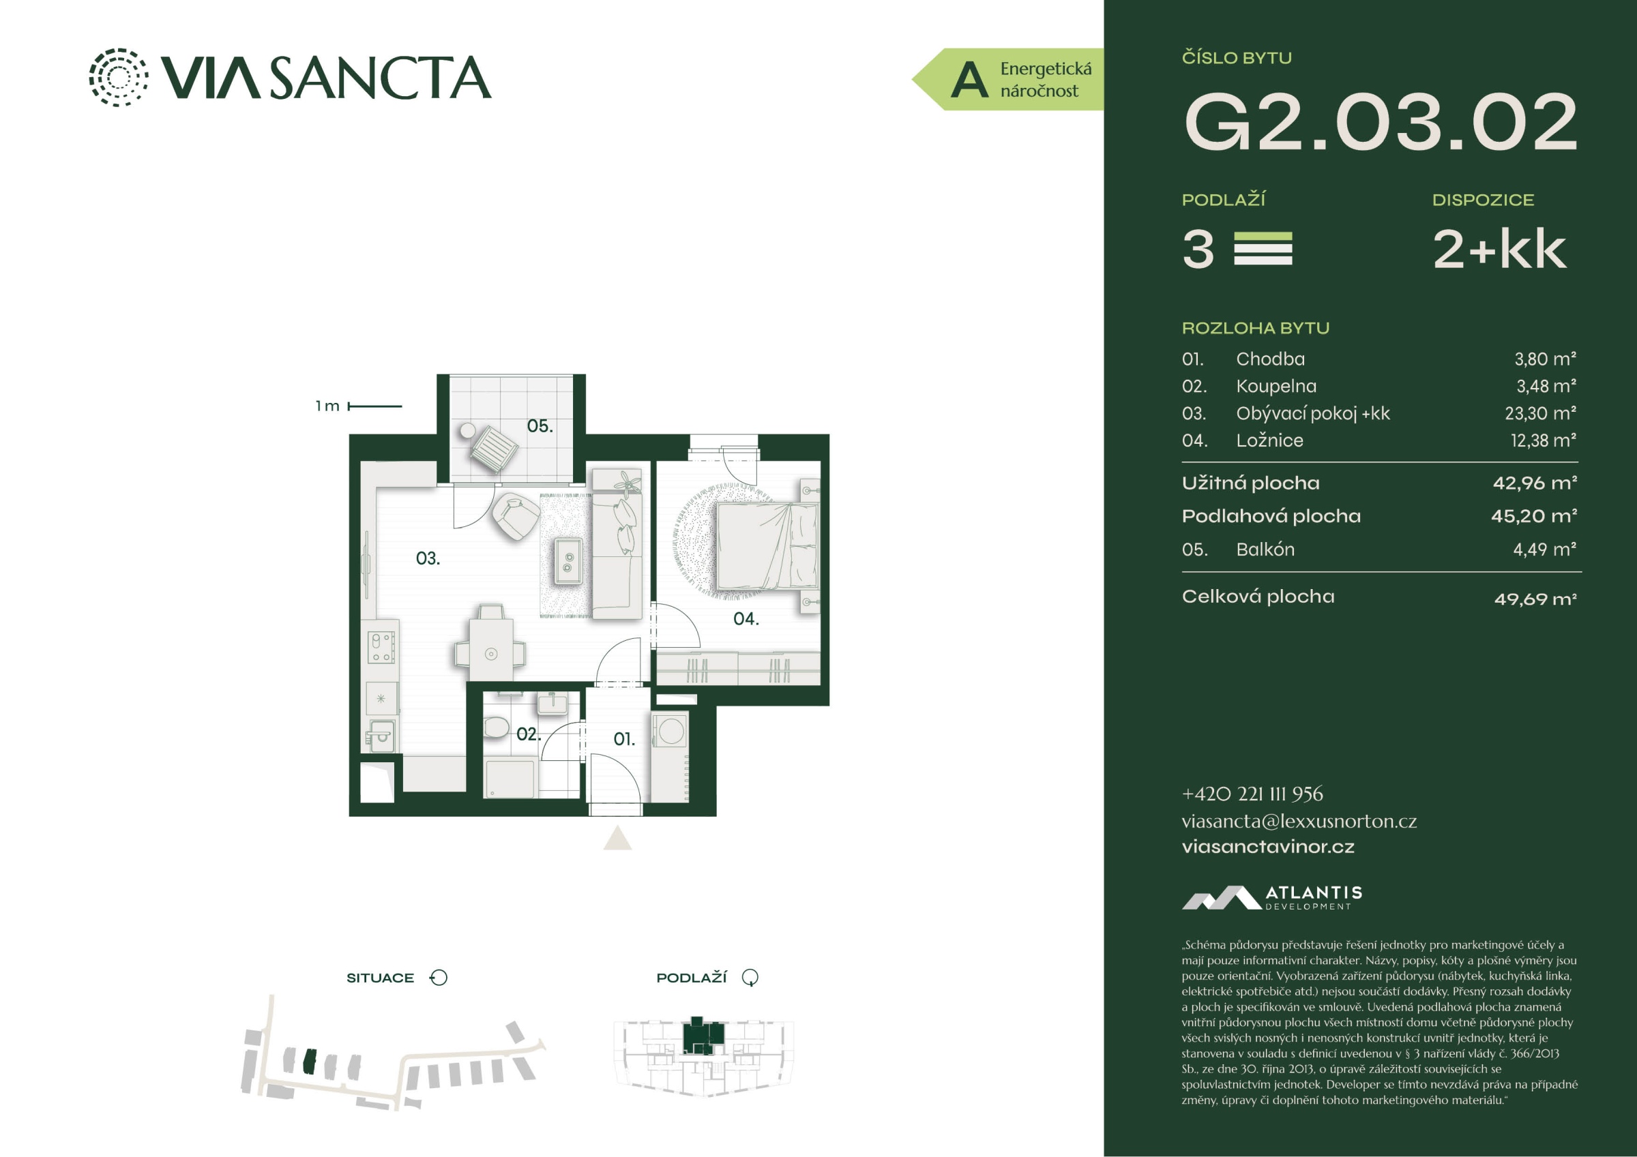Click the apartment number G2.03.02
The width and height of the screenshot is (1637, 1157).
click(x=1380, y=122)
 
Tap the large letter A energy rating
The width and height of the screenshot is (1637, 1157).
click(x=970, y=80)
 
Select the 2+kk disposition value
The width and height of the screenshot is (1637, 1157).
click(x=1499, y=250)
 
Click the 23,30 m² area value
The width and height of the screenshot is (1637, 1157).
click(x=1540, y=413)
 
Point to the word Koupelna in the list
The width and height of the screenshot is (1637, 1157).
click(x=1276, y=387)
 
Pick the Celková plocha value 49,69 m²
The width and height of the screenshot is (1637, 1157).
click(x=1535, y=599)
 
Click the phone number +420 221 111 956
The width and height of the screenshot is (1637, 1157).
click(x=1252, y=794)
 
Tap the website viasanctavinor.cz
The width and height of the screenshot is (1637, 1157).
click(x=1268, y=847)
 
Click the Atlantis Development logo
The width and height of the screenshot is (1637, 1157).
click(x=1272, y=897)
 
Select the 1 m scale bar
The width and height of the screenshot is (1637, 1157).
click(x=375, y=406)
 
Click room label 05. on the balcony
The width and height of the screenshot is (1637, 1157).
click(x=540, y=426)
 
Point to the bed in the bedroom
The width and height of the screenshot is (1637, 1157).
click(x=767, y=546)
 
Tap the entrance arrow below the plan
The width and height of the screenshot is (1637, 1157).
click(x=617, y=839)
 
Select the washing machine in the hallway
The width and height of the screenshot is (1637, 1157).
click(x=670, y=731)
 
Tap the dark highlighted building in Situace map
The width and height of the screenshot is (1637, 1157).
click(x=309, y=1062)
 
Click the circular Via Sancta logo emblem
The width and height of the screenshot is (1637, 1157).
click(x=119, y=78)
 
